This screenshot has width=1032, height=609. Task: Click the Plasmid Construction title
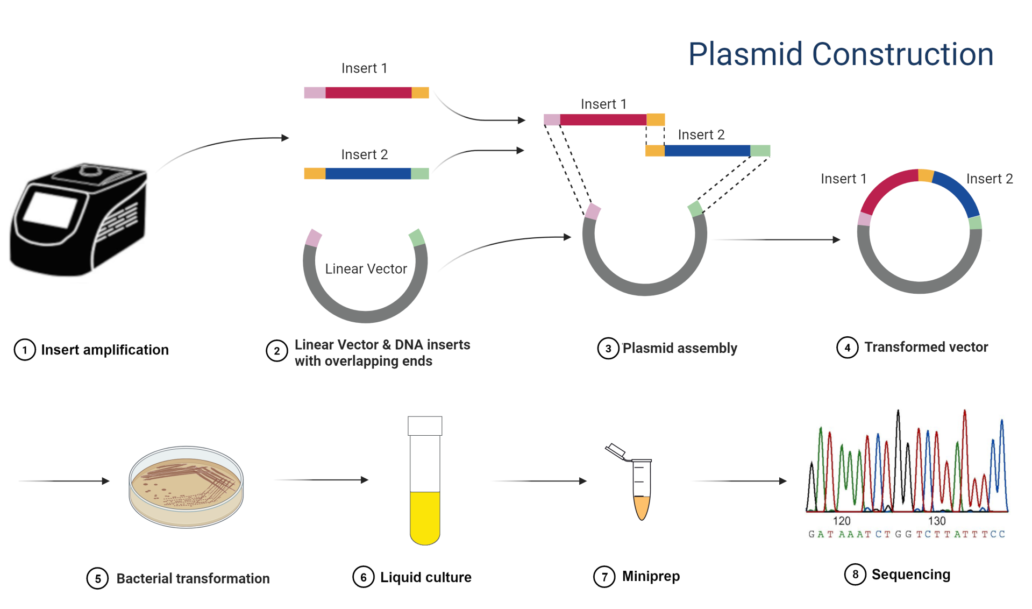[x=841, y=54]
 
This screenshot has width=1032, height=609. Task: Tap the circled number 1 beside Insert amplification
[x=25, y=350]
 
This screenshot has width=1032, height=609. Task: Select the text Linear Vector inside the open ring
[x=366, y=268]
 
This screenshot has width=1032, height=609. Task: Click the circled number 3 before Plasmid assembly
[x=608, y=348]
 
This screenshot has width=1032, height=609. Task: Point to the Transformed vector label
[x=926, y=347]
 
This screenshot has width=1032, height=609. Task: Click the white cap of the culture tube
[x=425, y=426]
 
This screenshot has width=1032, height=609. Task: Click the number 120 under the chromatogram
[x=841, y=521]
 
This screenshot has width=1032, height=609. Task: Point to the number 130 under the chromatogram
[x=936, y=521]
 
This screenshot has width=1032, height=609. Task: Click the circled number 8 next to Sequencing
[x=855, y=574]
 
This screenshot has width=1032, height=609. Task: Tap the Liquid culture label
[x=425, y=577]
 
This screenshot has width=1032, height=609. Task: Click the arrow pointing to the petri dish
[x=65, y=481]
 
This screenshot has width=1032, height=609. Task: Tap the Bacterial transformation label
[x=193, y=578]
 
